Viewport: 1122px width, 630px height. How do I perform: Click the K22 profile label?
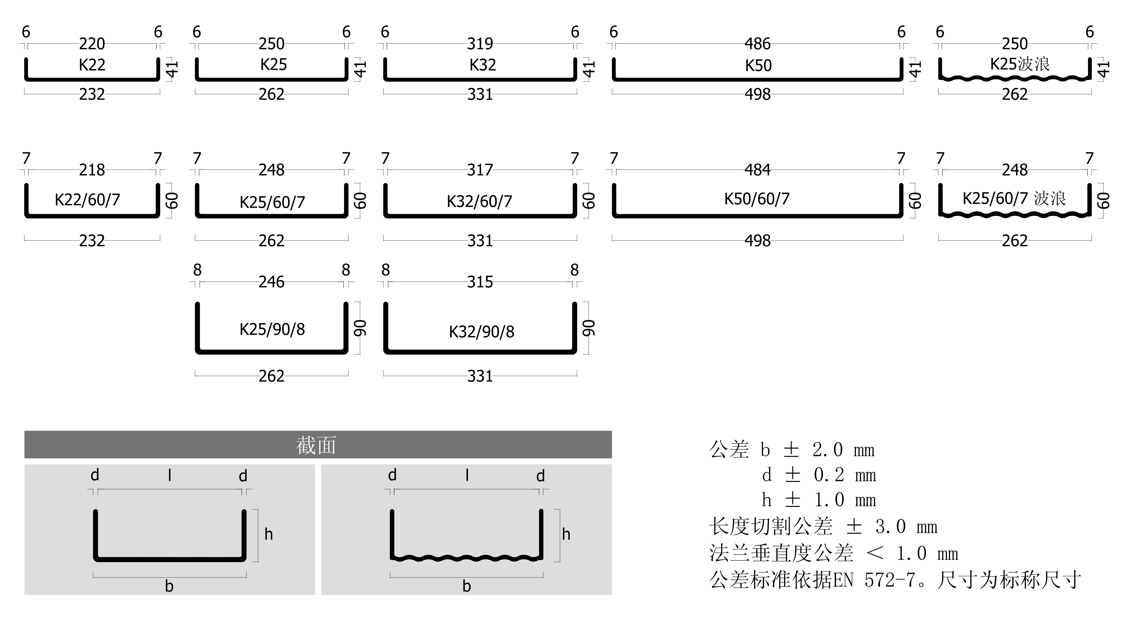click(x=92, y=65)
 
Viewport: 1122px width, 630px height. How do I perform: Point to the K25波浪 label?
click(x=1020, y=64)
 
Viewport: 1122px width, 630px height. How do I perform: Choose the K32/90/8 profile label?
click(x=481, y=332)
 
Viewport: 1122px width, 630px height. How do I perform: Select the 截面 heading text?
click(x=316, y=445)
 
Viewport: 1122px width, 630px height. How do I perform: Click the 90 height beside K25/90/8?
click(x=360, y=328)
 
